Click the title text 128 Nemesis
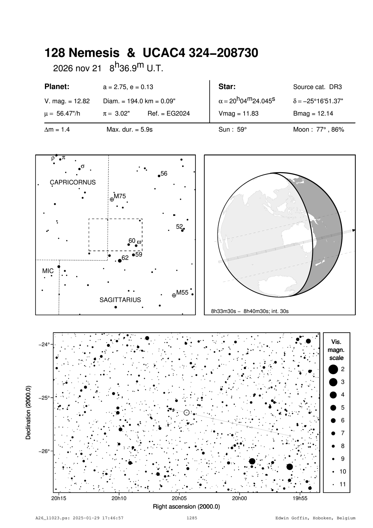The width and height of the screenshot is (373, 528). (x=82, y=53)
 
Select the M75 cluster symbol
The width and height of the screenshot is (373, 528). (x=112, y=199)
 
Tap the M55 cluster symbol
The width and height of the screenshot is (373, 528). (x=174, y=296)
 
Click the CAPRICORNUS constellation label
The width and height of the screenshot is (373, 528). (x=73, y=182)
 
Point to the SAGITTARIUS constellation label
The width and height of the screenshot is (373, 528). (x=120, y=300)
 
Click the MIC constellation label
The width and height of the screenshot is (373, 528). (x=48, y=271)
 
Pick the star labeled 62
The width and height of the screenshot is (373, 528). (x=120, y=261)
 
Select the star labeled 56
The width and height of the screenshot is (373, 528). (x=159, y=176)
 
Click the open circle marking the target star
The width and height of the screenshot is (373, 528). (x=186, y=413)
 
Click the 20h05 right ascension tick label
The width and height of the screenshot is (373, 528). (x=179, y=498)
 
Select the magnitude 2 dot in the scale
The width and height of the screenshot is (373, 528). (x=333, y=369)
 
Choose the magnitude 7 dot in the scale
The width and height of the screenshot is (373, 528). (x=333, y=433)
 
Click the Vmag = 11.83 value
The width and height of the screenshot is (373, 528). (x=238, y=114)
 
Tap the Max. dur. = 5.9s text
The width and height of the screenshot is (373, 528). (x=129, y=130)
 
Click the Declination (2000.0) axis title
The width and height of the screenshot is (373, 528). (x=29, y=412)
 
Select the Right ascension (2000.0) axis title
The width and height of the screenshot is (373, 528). (x=186, y=507)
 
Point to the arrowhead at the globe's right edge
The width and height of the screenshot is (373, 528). (x=354, y=230)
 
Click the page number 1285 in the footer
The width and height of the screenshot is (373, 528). (x=192, y=518)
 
